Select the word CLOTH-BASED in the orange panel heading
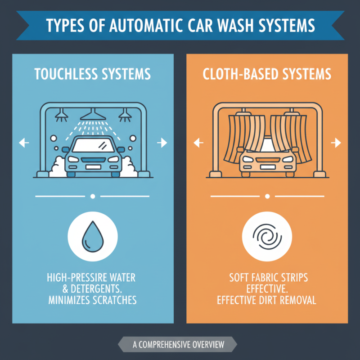[236, 74]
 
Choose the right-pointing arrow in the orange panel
[336, 143]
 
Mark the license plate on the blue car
[93, 167]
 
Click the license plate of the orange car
[267, 167]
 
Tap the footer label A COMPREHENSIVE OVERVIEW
[178, 345]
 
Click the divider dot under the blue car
[93, 197]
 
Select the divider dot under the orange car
[267, 197]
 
